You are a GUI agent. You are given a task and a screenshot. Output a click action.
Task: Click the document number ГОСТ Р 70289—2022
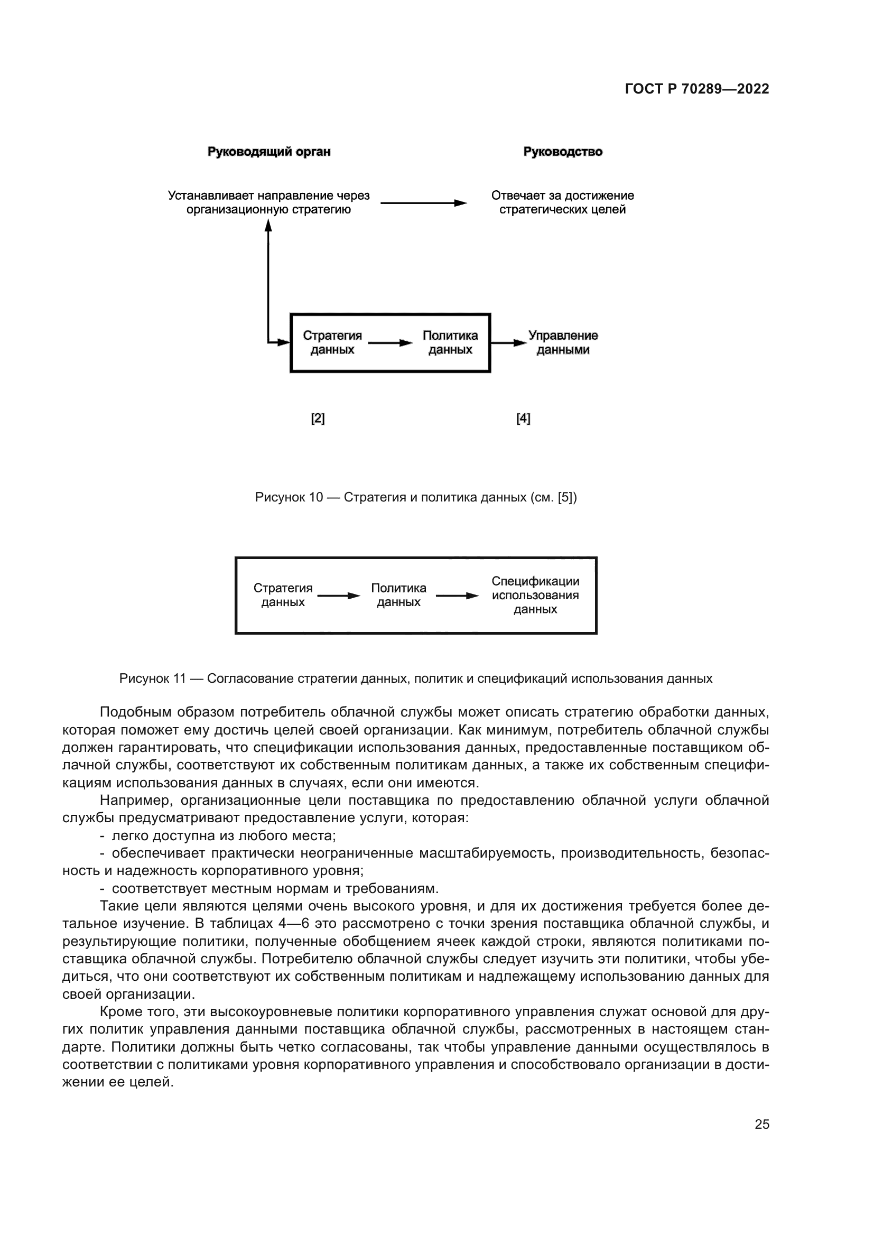(x=697, y=89)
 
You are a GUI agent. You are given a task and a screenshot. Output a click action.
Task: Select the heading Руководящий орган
(x=269, y=152)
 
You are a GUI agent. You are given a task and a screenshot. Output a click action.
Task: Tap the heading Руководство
(x=562, y=152)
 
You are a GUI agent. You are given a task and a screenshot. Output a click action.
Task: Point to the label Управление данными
(x=562, y=342)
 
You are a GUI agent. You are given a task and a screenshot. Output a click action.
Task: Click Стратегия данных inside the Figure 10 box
(x=332, y=342)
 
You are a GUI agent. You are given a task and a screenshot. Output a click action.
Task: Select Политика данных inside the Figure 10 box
(x=450, y=342)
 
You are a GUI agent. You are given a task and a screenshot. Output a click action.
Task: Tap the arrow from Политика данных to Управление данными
(x=508, y=342)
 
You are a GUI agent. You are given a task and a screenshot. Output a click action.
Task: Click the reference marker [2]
(x=318, y=419)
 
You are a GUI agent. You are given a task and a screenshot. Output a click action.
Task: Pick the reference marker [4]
(x=523, y=419)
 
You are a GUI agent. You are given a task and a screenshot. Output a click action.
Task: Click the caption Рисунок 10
(x=289, y=497)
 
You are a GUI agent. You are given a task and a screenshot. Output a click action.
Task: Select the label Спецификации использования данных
(x=535, y=595)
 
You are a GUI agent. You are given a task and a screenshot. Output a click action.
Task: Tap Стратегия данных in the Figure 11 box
(x=283, y=595)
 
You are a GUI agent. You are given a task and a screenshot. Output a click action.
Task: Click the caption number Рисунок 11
(x=152, y=679)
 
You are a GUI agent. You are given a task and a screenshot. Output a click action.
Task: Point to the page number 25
(x=761, y=1124)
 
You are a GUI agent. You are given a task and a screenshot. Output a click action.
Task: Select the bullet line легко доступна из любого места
(x=224, y=836)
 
